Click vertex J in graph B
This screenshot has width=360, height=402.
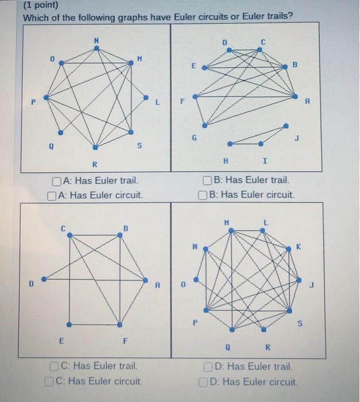(x=287, y=126)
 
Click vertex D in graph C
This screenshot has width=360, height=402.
(x=43, y=280)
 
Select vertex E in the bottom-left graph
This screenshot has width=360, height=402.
(x=69, y=324)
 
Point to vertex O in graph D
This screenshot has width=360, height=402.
(x=196, y=280)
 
